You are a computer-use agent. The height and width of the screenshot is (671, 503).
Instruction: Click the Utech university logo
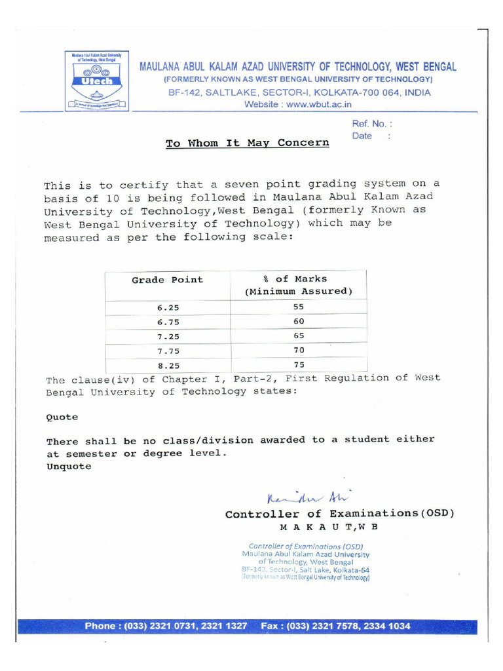pyautogui.click(x=97, y=80)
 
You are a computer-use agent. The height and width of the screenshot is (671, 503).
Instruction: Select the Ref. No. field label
pyautogui.click(x=372, y=123)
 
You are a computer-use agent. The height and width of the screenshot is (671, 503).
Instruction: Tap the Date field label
pyautogui.click(x=362, y=136)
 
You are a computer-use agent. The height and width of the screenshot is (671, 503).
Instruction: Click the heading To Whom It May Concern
pyautogui.click(x=247, y=143)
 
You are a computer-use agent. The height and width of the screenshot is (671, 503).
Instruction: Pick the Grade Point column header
pyautogui.click(x=168, y=280)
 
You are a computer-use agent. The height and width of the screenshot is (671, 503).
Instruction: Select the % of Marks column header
pyautogui.click(x=299, y=285)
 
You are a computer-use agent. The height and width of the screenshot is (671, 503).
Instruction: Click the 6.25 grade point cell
pyautogui.click(x=168, y=307)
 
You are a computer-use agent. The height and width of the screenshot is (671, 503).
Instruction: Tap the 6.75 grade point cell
pyautogui.click(x=168, y=322)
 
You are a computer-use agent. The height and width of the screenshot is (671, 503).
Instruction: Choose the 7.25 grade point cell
pyautogui.click(x=168, y=336)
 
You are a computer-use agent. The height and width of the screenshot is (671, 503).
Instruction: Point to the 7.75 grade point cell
pyautogui.click(x=168, y=351)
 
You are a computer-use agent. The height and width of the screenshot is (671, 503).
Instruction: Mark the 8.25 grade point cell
pyautogui.click(x=168, y=366)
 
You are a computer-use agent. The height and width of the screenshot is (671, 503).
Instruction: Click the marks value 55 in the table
pyautogui.click(x=299, y=307)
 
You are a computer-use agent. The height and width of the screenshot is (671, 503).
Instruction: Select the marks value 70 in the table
pyautogui.click(x=299, y=350)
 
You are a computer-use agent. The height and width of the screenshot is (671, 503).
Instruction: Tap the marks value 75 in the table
pyautogui.click(x=299, y=365)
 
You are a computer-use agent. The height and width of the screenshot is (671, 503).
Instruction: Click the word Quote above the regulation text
pyautogui.click(x=62, y=417)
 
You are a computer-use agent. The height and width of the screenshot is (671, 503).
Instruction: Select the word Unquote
pyautogui.click(x=69, y=467)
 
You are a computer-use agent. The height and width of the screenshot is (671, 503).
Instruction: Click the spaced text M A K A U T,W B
pyautogui.click(x=329, y=527)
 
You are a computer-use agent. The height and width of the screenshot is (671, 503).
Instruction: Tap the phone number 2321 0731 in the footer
pyautogui.click(x=174, y=626)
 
